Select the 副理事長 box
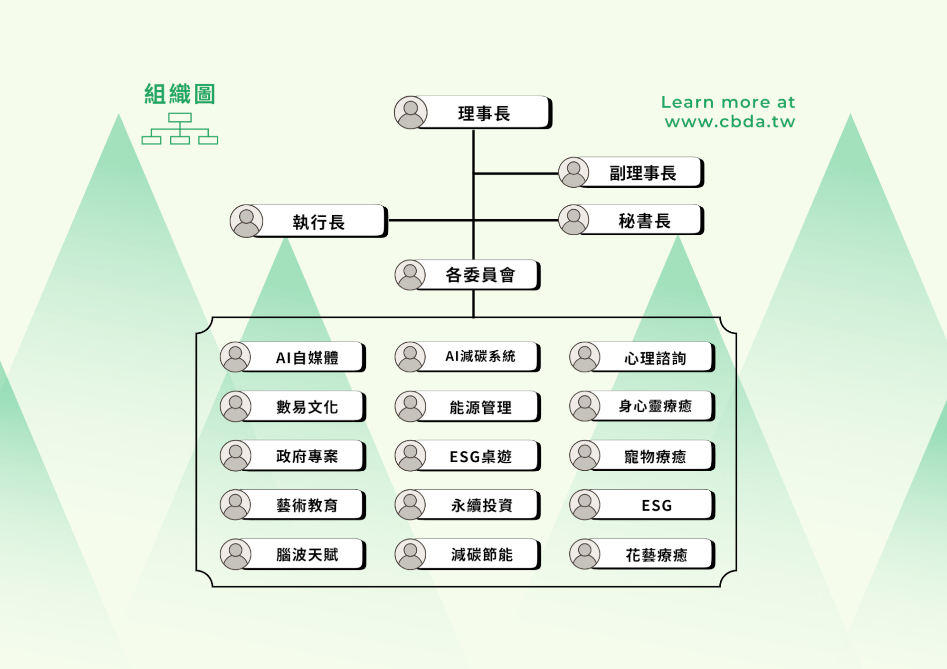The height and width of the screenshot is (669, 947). (x=642, y=173)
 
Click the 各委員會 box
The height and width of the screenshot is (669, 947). (x=480, y=274)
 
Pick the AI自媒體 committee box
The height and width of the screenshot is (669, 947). (x=307, y=357)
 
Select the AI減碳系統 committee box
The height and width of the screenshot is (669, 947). (x=480, y=357)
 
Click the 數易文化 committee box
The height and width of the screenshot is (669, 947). (x=307, y=406)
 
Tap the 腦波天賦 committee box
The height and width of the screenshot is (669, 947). (x=307, y=554)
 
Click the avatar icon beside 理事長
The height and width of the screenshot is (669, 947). (x=411, y=113)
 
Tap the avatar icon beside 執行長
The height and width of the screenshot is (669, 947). (x=246, y=221)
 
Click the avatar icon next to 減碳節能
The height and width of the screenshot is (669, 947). (x=410, y=554)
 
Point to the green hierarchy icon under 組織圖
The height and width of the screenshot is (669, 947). (x=180, y=129)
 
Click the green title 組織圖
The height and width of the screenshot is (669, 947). (x=180, y=94)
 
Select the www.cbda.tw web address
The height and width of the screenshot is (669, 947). (x=730, y=122)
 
